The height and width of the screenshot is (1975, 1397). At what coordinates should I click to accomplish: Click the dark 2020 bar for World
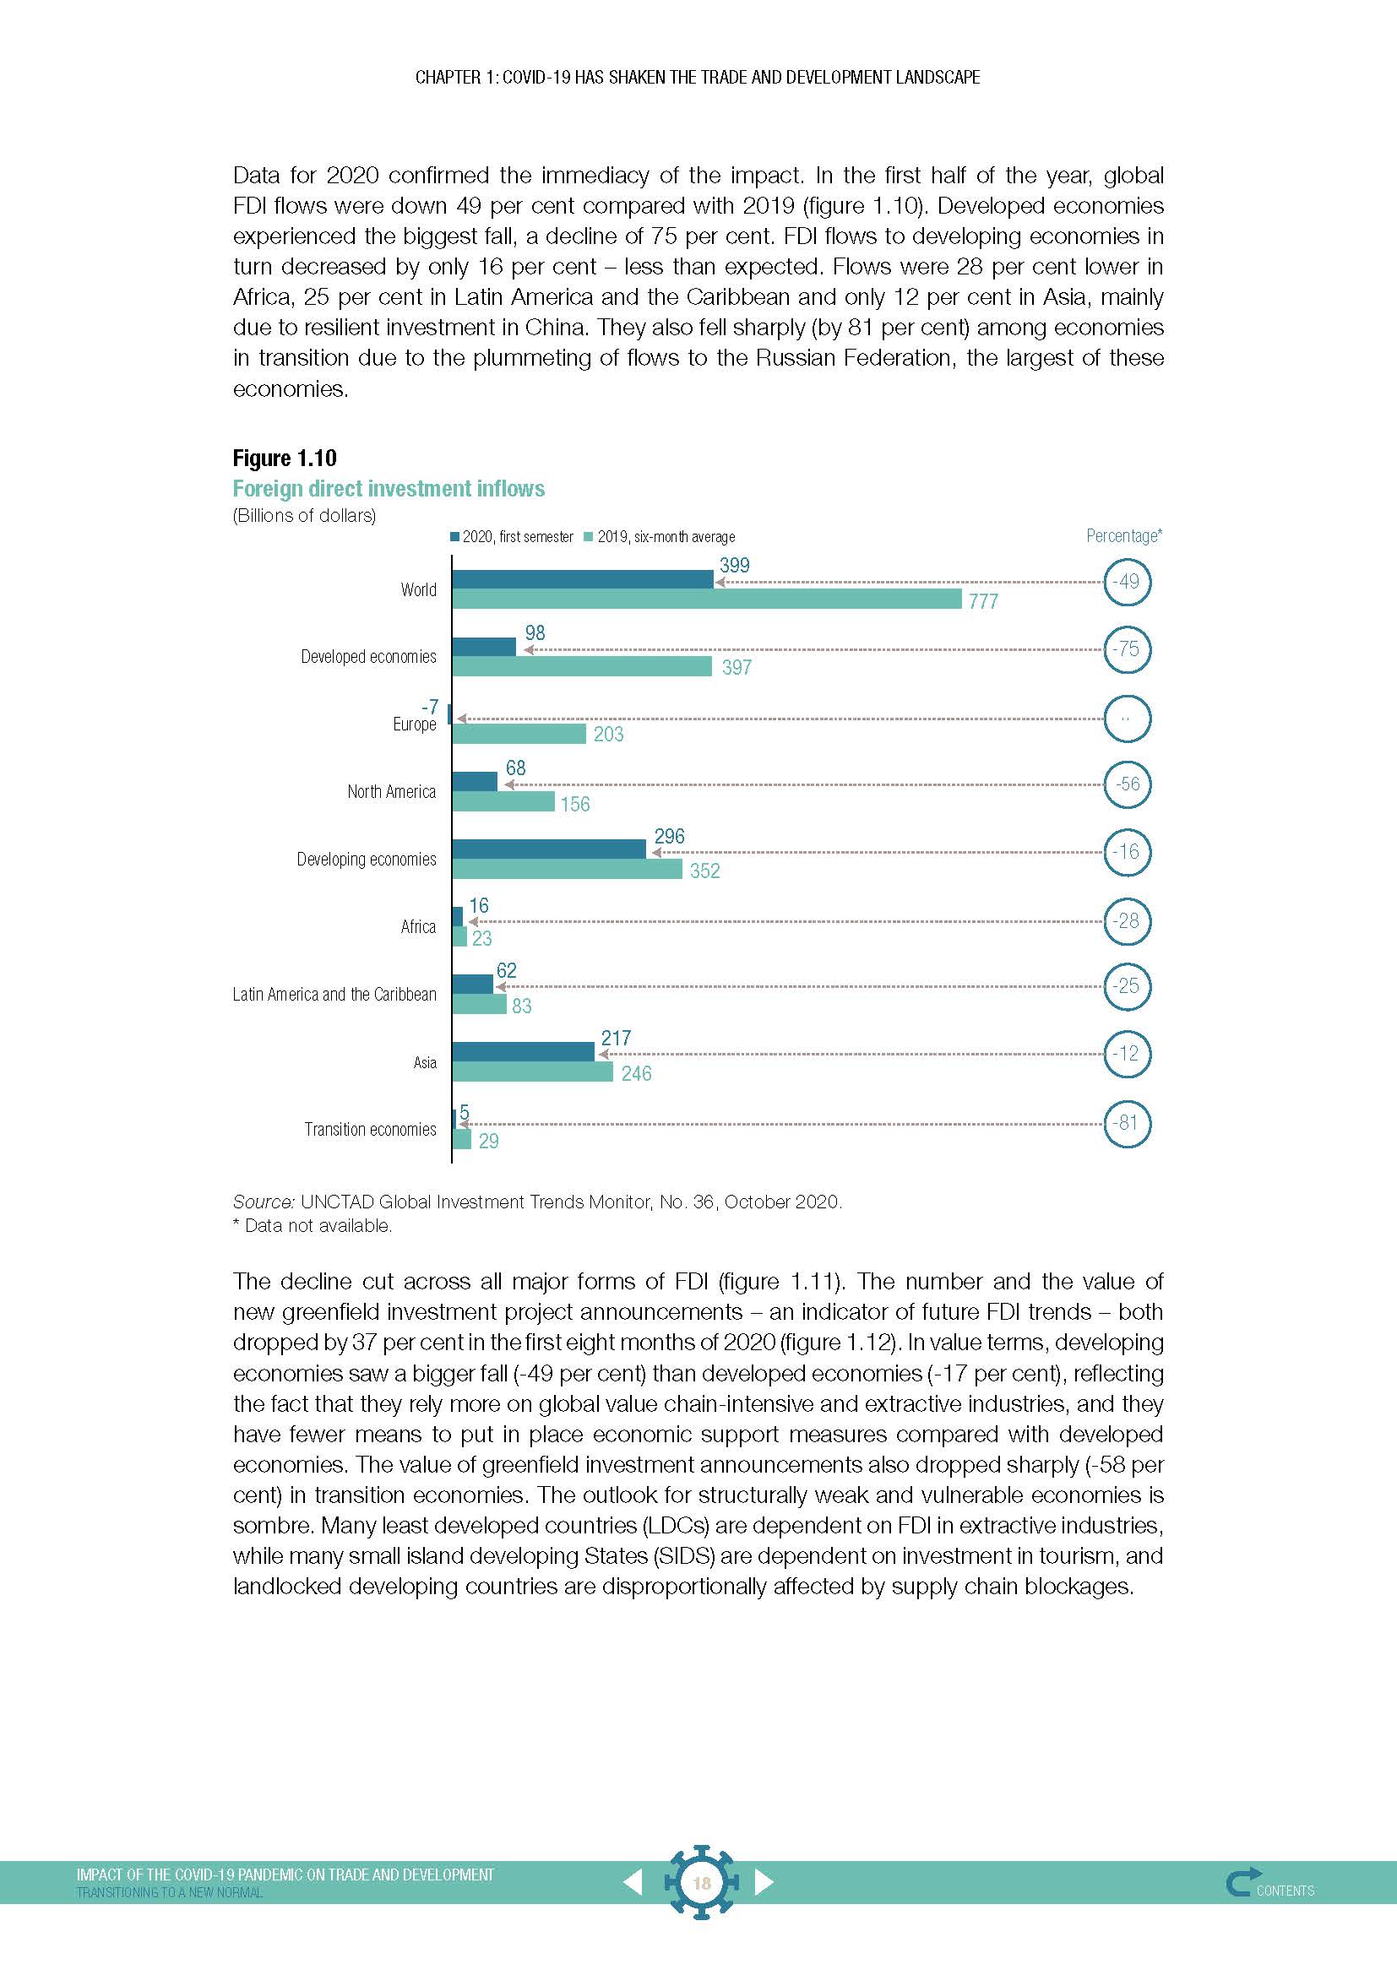pyautogui.click(x=583, y=580)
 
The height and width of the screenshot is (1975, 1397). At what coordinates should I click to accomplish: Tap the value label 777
pyautogui.click(x=983, y=602)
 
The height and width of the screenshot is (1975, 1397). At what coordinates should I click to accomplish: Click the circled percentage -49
pyautogui.click(x=1126, y=582)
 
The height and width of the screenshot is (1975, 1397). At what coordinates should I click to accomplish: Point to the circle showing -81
pyautogui.click(x=1126, y=1123)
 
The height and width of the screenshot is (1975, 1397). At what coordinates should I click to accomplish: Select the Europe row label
pyautogui.click(x=415, y=724)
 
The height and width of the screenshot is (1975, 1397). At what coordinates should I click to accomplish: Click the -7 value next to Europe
pyautogui.click(x=429, y=707)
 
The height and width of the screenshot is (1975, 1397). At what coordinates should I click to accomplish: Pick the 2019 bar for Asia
pyautogui.click(x=531, y=1072)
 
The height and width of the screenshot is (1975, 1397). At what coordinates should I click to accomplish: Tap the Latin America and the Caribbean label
pyautogui.click(x=334, y=995)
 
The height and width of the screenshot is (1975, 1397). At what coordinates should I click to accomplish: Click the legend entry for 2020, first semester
pyautogui.click(x=511, y=537)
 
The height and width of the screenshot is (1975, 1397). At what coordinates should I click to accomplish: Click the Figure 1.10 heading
pyautogui.click(x=285, y=458)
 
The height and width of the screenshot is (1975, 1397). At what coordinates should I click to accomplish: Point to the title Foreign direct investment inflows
pyautogui.click(x=389, y=489)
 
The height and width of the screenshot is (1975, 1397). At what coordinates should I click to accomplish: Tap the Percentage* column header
pyautogui.click(x=1123, y=536)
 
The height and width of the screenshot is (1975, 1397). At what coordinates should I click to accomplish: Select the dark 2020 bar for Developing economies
pyautogui.click(x=549, y=849)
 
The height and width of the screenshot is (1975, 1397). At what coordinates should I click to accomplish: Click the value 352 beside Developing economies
pyautogui.click(x=704, y=871)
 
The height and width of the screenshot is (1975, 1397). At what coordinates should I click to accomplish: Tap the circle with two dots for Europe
pyautogui.click(x=1126, y=719)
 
